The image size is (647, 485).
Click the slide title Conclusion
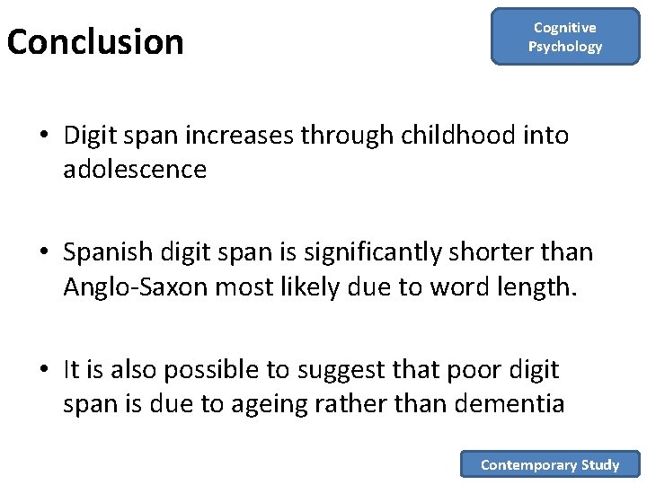coord(95,42)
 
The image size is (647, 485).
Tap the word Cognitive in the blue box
coord(565,28)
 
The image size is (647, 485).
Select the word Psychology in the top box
coord(565,47)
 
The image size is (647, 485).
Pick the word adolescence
coord(135,169)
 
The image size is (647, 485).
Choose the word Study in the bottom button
coord(600,464)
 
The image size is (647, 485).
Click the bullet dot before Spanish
coord(44,253)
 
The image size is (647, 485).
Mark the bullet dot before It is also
coord(44,370)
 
